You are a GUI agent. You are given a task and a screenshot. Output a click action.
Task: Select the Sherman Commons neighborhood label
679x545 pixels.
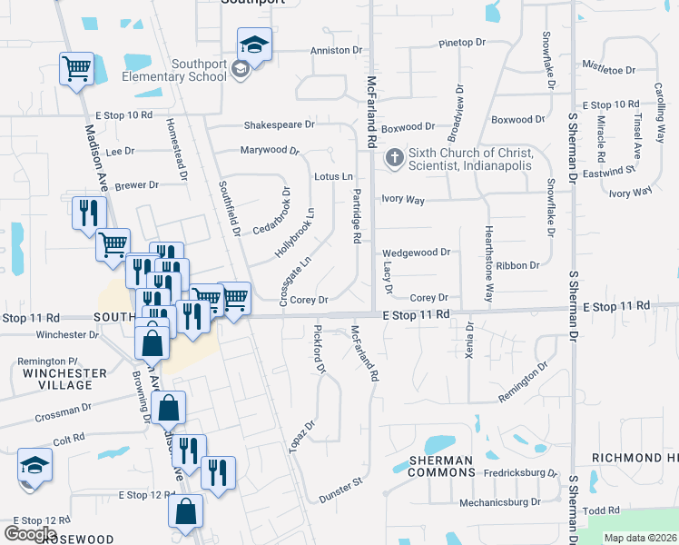point(440,466)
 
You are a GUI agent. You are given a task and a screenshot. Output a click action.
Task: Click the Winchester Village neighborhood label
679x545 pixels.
point(58,379)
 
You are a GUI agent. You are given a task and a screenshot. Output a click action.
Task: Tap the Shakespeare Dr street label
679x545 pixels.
point(279,124)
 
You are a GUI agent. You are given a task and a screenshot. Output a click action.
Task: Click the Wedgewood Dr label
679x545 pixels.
point(416,253)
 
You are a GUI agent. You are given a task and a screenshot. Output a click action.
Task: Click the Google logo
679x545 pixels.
point(30,533)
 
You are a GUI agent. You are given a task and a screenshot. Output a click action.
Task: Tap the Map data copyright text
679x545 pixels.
point(641,538)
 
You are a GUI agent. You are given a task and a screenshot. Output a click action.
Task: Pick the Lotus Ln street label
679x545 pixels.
point(333,176)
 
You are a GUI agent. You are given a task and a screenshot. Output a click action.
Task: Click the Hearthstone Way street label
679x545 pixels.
point(488,264)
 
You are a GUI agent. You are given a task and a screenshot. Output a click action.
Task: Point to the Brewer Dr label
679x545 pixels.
point(136,184)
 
